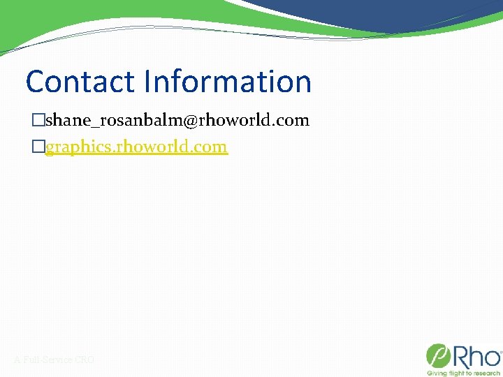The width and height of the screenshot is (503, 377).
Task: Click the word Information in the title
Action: point(227,82)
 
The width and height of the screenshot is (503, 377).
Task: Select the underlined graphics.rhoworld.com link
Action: point(136,147)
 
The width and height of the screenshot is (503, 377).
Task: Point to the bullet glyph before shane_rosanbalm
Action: point(38,120)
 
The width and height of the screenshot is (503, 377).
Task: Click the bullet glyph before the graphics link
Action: point(38,147)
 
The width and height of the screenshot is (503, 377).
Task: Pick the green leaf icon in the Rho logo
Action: point(437,356)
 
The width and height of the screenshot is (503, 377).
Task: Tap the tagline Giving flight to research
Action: point(464,373)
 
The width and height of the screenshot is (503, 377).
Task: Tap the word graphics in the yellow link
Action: point(76,147)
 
